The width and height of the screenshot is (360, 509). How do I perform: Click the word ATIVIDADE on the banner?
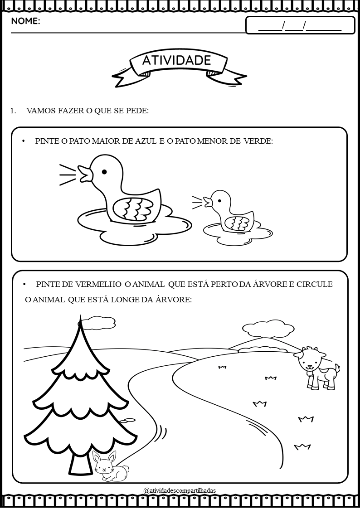(x=176, y=60)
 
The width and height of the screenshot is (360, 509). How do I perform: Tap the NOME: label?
(x=26, y=22)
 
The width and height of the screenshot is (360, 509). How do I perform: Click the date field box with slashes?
(x=300, y=25)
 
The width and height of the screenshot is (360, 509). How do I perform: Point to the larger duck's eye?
(x=104, y=172)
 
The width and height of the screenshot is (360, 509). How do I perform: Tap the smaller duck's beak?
(x=208, y=202)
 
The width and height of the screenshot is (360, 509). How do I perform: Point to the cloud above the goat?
(x=268, y=329)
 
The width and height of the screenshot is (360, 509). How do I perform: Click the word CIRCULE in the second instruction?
(x=315, y=284)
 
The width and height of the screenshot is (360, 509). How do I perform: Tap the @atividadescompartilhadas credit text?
(x=180, y=490)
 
